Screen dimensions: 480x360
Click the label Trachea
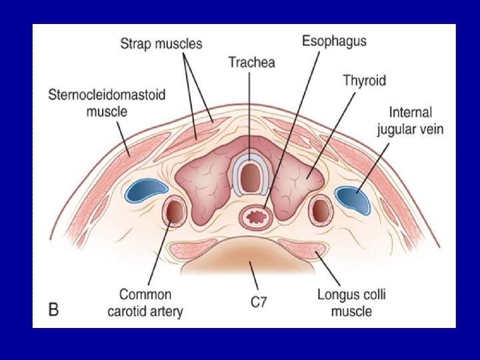(251, 63)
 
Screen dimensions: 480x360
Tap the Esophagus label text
(334, 41)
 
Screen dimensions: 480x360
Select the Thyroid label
(364, 81)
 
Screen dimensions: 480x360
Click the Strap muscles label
(161, 45)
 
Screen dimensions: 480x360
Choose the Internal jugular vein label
(412, 121)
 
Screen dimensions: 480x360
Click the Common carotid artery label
(145, 303)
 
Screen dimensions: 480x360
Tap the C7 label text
(259, 302)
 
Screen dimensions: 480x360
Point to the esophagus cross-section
(257, 215)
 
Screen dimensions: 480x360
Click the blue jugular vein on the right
(355, 199)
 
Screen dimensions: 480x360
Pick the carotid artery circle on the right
(321, 211)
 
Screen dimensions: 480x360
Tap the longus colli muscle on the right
(304, 251)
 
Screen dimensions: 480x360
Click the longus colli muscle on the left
(193, 251)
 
